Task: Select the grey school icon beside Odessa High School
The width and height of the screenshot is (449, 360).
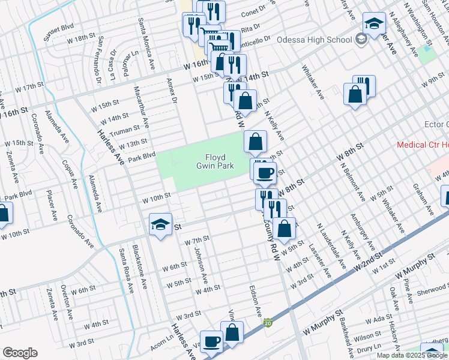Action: click(361, 40)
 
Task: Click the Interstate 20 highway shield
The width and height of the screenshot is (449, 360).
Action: click(268, 323)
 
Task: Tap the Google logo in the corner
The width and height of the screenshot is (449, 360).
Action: click(20, 353)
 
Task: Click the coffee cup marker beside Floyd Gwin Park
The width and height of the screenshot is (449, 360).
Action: click(264, 173)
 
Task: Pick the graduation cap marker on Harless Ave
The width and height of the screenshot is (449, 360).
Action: click(160, 224)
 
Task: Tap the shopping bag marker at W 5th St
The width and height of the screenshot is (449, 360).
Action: click(287, 228)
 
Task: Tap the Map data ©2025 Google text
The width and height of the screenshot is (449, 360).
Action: click(411, 355)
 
